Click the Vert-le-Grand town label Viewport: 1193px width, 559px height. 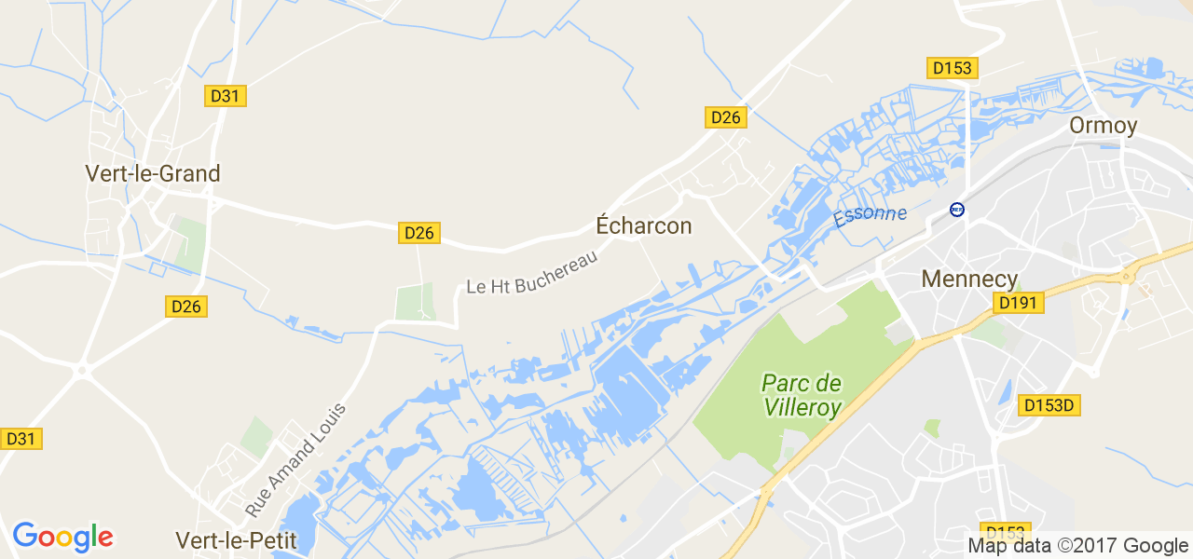(x=152, y=173)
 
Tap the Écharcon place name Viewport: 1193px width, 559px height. (x=644, y=225)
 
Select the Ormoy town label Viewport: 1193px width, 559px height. (x=1104, y=126)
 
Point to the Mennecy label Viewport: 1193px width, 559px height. (x=969, y=279)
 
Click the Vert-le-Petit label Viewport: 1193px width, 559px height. (x=236, y=540)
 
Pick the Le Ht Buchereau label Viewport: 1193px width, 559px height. (x=531, y=272)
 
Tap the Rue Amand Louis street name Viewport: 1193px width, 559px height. (x=295, y=460)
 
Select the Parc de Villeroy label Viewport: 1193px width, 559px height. (x=802, y=395)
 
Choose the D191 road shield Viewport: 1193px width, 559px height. (x=1019, y=303)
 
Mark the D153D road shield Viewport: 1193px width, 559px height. (x=1050, y=405)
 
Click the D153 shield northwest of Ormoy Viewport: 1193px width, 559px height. (x=952, y=68)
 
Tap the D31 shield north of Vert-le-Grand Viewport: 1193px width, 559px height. (x=226, y=96)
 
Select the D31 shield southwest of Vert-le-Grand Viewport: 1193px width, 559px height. (x=21, y=438)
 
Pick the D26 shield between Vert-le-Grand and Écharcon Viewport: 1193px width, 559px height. (x=419, y=233)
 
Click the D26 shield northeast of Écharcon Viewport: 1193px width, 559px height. (x=725, y=116)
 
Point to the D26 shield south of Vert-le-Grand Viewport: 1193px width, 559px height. (x=187, y=307)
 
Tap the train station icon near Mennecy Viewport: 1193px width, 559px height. (x=956, y=210)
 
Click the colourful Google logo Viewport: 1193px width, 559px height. (x=62, y=537)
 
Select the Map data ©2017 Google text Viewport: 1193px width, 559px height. (x=1077, y=546)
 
